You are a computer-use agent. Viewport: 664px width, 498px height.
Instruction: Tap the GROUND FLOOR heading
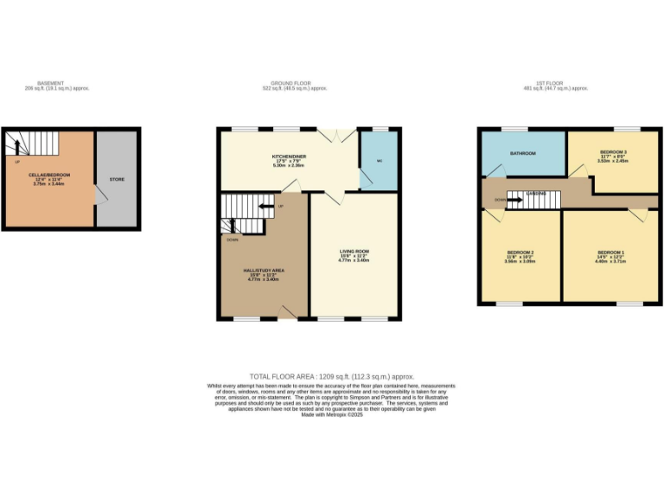[x=298, y=83]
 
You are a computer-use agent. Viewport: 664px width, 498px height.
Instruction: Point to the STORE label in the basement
[x=117, y=179]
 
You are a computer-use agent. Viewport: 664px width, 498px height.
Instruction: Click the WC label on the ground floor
[x=379, y=162]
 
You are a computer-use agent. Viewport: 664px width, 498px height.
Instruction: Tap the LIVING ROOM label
[x=354, y=252]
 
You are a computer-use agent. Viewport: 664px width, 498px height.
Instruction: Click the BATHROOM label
[x=522, y=153]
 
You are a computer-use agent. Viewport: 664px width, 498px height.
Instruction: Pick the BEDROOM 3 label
[x=613, y=152]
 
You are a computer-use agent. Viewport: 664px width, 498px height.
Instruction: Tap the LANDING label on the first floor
[x=539, y=193]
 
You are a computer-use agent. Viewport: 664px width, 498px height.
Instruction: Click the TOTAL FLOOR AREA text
[x=332, y=376]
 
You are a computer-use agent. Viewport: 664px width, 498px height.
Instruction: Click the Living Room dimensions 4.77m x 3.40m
[x=354, y=260]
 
